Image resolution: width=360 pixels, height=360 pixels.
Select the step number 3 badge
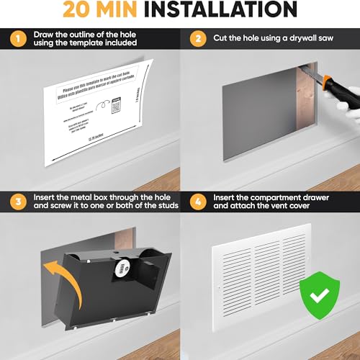coord(15,200)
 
